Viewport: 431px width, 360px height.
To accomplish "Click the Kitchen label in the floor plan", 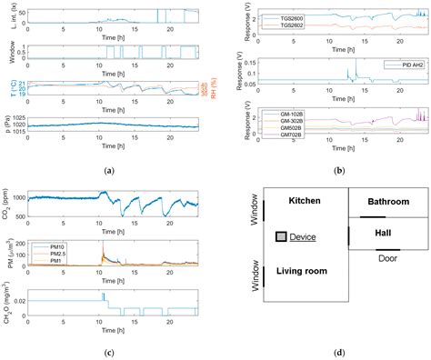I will [x=306, y=200].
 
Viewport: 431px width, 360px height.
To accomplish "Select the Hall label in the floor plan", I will [x=382, y=234].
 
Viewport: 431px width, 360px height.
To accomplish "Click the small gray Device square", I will [x=282, y=236].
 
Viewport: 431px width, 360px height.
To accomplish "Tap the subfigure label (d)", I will [x=337, y=352].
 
